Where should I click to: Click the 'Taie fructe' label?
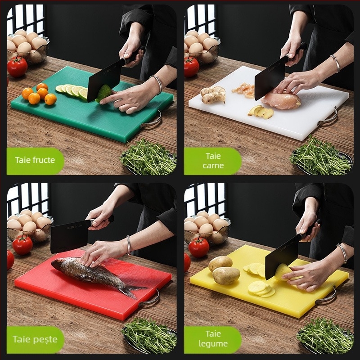tap(35, 160)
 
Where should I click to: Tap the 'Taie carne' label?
tap(213, 161)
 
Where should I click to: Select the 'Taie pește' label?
tap(35, 339)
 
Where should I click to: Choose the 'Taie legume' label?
tap(213, 339)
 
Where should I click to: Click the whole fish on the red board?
tap(96, 274)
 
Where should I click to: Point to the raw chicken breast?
tap(281, 100)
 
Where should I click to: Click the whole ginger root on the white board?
tap(213, 94)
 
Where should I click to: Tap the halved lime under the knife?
tap(104, 93)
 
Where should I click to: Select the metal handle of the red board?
tap(150, 300)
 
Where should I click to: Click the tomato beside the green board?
tap(17, 67)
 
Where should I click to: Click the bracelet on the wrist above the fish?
tap(129, 245)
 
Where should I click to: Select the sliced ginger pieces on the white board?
tap(261, 112)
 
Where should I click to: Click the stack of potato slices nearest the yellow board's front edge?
tap(262, 289)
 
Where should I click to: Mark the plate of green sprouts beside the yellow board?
tap(325, 336)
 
